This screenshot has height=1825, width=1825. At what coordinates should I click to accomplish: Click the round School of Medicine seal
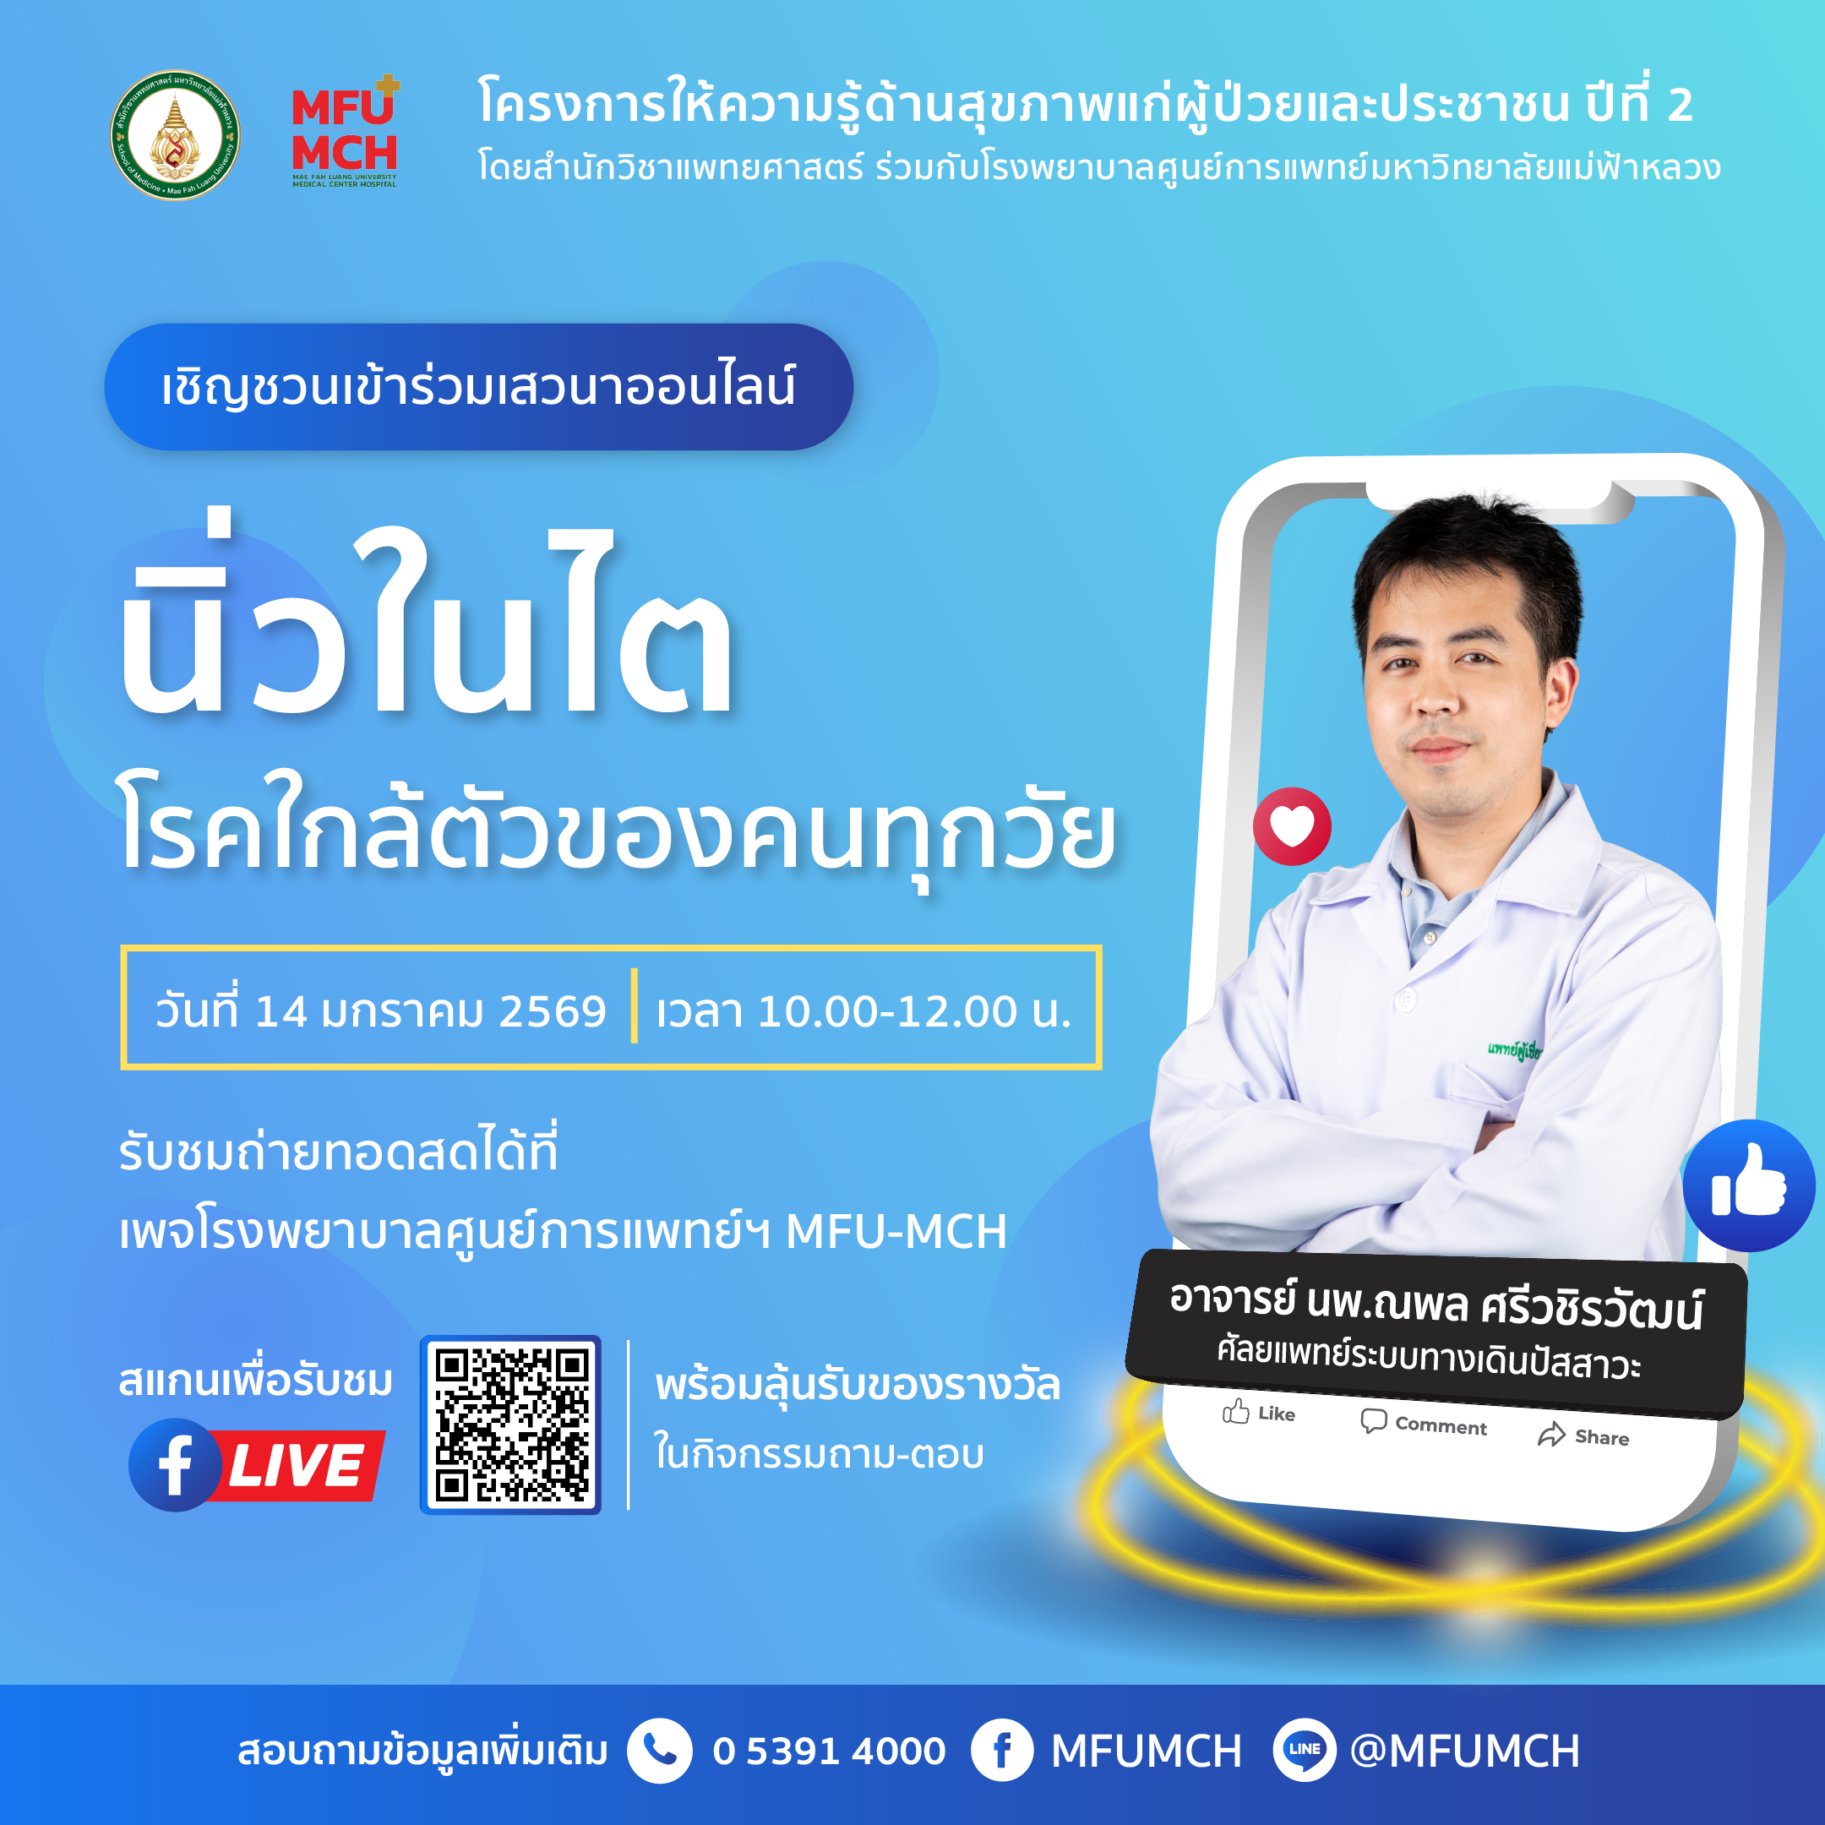(175, 135)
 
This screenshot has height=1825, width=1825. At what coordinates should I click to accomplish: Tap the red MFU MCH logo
(345, 133)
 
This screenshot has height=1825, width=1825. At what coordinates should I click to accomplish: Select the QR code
(510, 1425)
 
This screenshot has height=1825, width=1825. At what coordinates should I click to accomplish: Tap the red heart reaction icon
(1291, 826)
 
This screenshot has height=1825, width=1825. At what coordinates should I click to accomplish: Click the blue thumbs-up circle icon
(1748, 1185)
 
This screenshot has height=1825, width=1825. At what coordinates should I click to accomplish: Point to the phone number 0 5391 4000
(828, 1751)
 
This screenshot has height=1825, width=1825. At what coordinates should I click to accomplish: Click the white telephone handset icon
(659, 1751)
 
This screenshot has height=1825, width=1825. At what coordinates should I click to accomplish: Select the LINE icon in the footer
(1304, 1751)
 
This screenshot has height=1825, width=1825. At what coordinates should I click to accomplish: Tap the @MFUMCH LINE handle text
(1465, 1751)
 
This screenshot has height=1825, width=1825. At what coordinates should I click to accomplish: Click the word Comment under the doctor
(1441, 1425)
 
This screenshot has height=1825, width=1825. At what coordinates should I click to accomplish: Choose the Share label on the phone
(1601, 1436)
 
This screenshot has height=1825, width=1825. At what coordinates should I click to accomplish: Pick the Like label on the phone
(1275, 1414)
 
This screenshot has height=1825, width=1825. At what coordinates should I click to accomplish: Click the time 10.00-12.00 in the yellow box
(886, 1011)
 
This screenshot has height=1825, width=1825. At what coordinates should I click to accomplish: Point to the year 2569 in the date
(552, 1011)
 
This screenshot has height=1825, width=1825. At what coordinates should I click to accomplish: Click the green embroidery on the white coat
(1513, 1049)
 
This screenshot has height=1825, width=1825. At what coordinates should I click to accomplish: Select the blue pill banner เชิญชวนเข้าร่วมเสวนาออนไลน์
(478, 387)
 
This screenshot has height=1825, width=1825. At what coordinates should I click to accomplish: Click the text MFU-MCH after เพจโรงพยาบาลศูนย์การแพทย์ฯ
(896, 1232)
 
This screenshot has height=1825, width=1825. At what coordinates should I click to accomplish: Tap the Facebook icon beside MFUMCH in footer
(1001, 1751)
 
